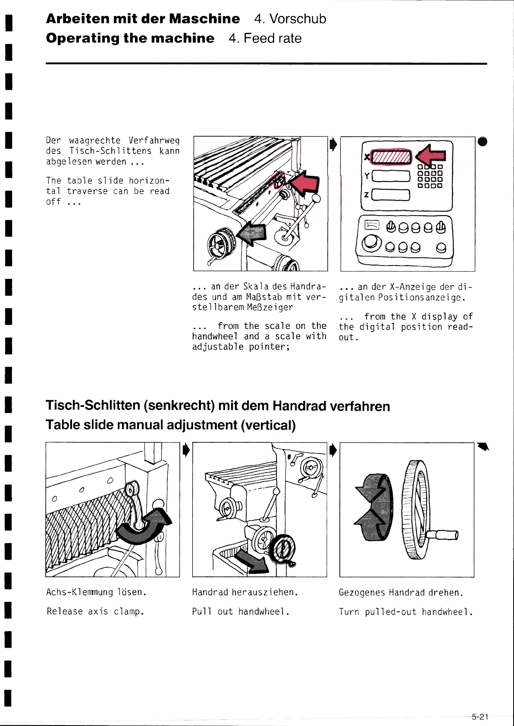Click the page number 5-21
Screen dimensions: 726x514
[x=480, y=717]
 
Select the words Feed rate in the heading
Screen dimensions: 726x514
[x=273, y=38]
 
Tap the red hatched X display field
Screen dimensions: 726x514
[x=392, y=157]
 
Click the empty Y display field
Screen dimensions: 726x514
[x=391, y=176]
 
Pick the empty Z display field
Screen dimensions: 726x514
[x=391, y=195]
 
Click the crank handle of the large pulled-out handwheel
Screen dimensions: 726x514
[x=443, y=535]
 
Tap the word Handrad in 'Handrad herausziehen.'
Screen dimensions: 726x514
[x=210, y=592]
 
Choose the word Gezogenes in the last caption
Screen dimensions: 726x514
[x=362, y=593]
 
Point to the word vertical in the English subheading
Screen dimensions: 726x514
[x=268, y=425]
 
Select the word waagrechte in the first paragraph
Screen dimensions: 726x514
[x=95, y=141]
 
